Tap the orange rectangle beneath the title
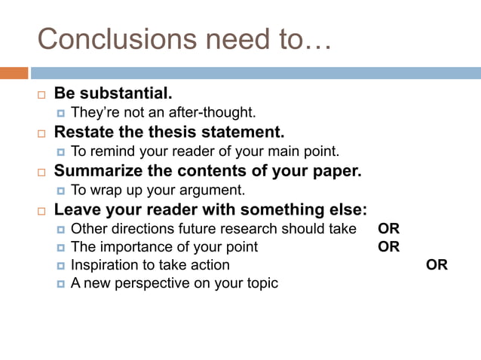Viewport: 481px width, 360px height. point(14,73)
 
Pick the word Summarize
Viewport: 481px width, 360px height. point(96,171)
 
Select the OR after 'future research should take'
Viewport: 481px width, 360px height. point(388,228)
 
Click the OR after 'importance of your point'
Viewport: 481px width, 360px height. point(388,246)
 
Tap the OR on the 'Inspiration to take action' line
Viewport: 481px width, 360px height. point(437,265)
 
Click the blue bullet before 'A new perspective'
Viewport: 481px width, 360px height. point(61,284)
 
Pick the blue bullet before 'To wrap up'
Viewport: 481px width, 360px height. point(61,191)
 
